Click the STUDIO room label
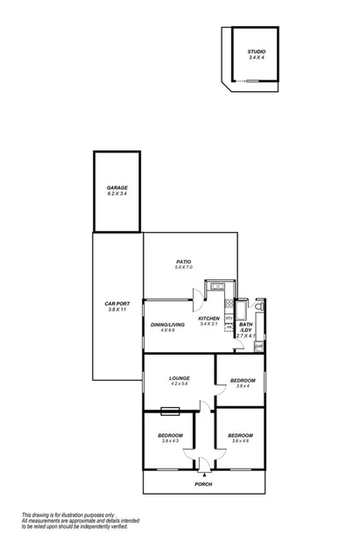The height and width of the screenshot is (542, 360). click(x=256, y=53)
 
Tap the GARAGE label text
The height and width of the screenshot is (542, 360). click(x=117, y=189)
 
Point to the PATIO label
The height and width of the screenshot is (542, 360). click(x=183, y=263)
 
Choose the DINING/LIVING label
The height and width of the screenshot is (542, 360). click(x=164, y=327)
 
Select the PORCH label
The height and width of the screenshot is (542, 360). click(x=203, y=484)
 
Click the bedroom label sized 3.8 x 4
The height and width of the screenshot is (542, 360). click(x=243, y=382)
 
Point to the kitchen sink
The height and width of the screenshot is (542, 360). click(x=217, y=286)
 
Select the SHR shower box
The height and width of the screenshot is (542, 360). click(x=258, y=345)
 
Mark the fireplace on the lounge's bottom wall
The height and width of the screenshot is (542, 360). click(x=170, y=409)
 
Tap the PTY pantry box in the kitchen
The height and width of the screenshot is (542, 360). click(x=229, y=318)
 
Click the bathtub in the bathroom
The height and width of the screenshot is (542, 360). click(x=243, y=311)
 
